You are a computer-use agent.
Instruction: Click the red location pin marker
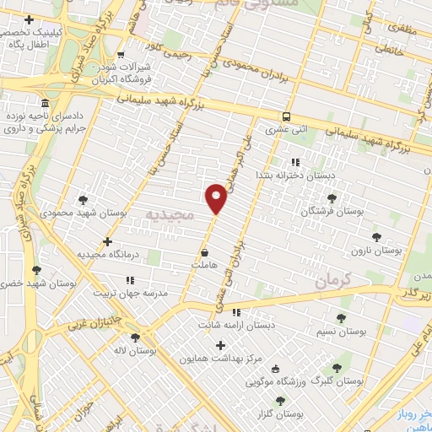(216, 197)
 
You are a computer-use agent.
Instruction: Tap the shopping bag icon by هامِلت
(205, 252)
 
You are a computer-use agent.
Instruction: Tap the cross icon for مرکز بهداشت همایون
(221, 344)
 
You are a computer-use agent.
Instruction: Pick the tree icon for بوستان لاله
(134, 337)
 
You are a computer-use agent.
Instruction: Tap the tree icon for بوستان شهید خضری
(35, 269)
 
